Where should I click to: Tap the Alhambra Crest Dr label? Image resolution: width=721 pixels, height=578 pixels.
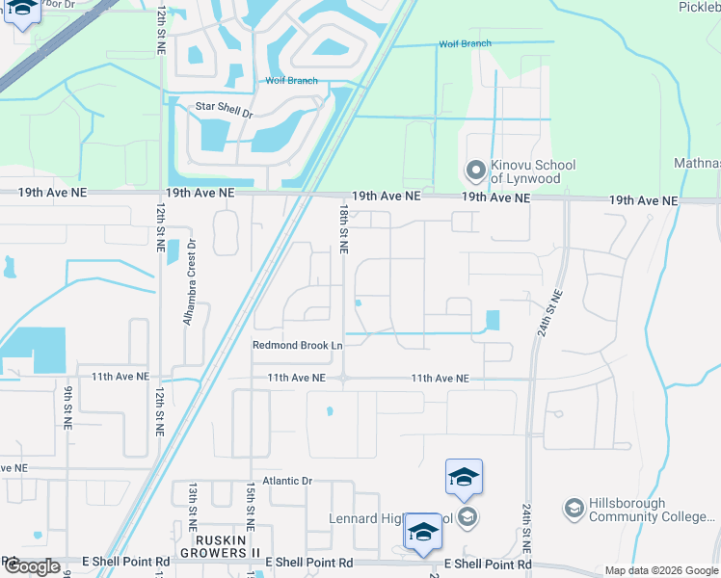[x=190, y=281]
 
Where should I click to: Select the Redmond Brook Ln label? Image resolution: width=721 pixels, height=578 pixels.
[x=298, y=346]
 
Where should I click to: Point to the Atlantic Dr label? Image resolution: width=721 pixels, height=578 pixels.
[x=292, y=481]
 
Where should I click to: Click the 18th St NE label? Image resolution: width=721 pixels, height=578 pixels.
[x=343, y=228]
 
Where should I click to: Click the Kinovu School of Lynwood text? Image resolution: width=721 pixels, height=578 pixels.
[x=533, y=171]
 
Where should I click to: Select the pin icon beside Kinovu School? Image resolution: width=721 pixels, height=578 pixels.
[x=474, y=171]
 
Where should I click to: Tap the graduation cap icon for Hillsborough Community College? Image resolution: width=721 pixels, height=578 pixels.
[x=574, y=509]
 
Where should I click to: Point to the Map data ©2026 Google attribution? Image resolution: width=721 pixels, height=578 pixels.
[x=660, y=570]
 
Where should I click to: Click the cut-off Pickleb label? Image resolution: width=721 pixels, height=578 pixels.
[x=699, y=8]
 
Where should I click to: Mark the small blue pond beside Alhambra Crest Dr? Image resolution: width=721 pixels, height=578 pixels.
[x=173, y=252]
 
